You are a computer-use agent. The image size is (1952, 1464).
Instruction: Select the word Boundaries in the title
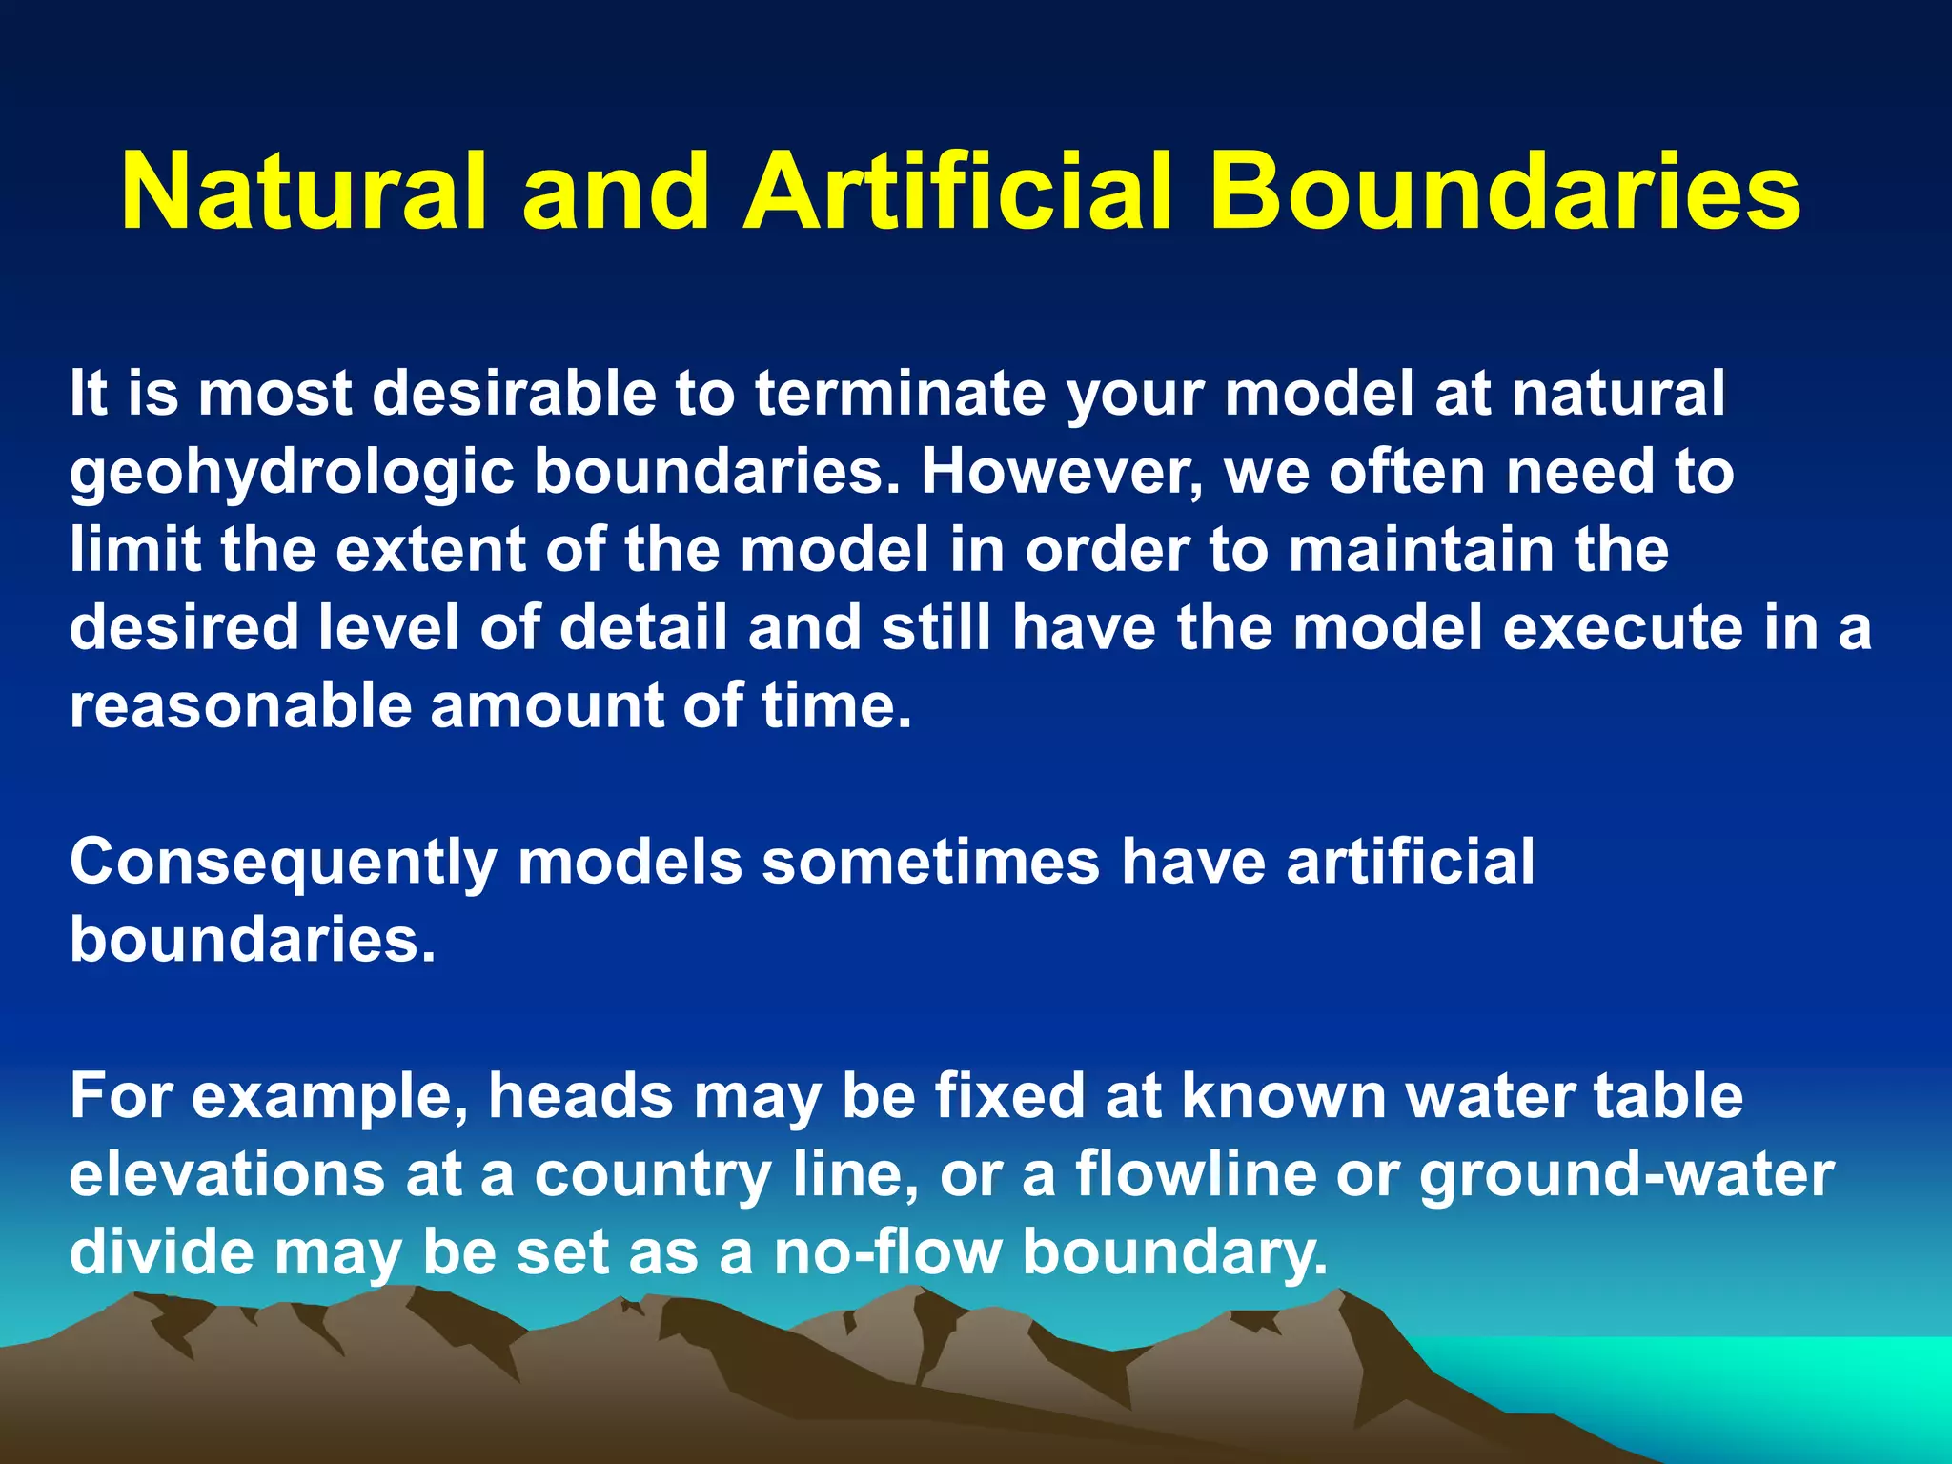(x=1505, y=193)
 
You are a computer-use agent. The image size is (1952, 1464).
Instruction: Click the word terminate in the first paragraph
(x=900, y=394)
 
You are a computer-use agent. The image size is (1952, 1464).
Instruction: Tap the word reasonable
(x=239, y=706)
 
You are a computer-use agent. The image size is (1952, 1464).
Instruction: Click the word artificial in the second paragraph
(x=1410, y=862)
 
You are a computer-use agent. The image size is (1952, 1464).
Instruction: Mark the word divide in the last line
(x=162, y=1252)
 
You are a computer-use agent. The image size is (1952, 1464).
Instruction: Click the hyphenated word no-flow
(x=886, y=1252)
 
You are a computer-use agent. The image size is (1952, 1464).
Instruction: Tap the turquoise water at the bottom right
(x=1763, y=1382)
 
